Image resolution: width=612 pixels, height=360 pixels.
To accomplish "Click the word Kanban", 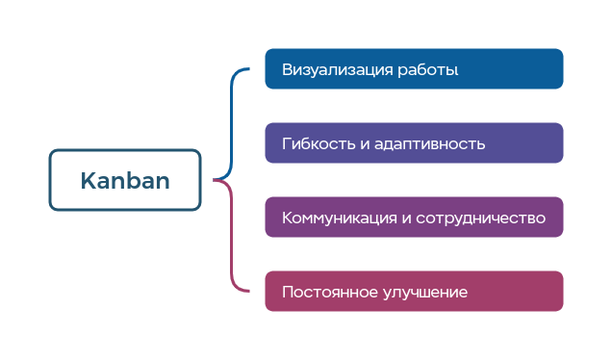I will click(x=125, y=180).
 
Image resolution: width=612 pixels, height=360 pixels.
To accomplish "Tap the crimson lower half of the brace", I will click(x=232, y=241).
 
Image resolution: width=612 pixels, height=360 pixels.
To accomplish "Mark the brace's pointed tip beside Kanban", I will click(x=215, y=180).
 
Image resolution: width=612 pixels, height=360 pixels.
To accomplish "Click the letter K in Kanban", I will click(x=87, y=180).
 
